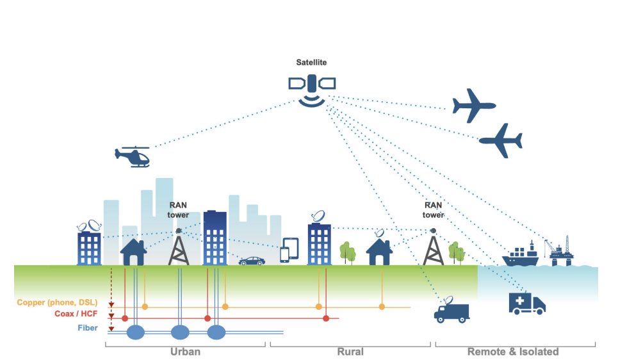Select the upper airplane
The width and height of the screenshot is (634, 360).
(474, 105)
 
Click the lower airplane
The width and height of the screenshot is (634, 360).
(501, 140)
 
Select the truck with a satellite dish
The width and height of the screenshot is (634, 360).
(451, 309)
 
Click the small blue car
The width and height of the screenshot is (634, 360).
(252, 261)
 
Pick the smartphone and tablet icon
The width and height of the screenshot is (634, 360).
(289, 250)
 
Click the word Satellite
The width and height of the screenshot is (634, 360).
(311, 63)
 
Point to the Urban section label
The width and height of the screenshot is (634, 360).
(185, 352)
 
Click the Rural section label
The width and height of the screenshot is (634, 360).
(350, 352)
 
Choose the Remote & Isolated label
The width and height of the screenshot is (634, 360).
(513, 352)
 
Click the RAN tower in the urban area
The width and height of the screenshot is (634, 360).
(179, 247)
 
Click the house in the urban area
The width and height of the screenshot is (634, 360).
(133, 251)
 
